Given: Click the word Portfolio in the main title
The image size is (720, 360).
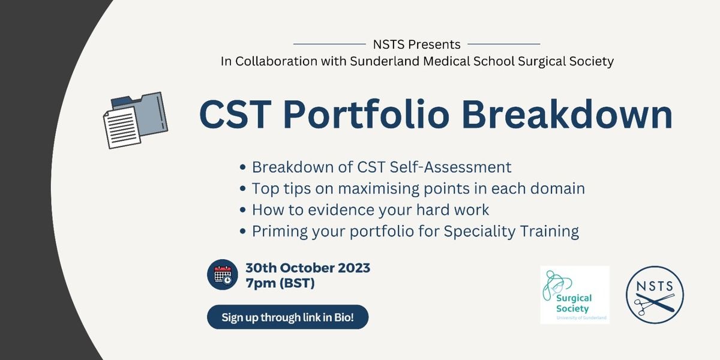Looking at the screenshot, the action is [366, 115].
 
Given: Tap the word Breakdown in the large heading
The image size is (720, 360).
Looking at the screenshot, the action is [568, 115].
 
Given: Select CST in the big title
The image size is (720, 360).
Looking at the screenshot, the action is [235, 115].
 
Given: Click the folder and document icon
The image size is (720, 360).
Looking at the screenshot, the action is [136, 120].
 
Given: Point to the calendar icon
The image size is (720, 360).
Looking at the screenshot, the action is [223, 275].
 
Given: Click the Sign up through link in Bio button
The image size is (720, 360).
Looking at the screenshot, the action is [287, 317].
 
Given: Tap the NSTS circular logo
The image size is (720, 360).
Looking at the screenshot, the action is [655, 295].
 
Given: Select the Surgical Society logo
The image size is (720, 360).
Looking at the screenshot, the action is [575, 295].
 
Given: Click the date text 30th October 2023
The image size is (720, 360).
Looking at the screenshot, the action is [308, 268].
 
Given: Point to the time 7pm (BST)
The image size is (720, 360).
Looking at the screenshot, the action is [280, 283].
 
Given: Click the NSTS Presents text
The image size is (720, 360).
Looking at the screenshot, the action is [416, 44].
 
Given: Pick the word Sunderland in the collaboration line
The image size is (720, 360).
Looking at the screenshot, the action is [385, 61].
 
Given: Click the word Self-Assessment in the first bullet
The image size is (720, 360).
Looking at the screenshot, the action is [451, 167].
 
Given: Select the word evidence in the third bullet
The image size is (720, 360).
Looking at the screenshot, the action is [341, 210].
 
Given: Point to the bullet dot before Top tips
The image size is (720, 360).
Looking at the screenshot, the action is [242, 188].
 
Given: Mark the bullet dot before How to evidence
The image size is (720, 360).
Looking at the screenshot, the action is [242, 210].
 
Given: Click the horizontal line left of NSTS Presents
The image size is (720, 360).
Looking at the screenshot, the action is [329, 44].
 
